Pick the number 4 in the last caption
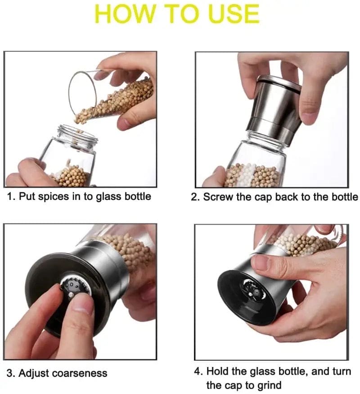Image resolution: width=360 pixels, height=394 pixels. tap(198, 372)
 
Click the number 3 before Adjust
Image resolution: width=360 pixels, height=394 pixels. tap(9, 373)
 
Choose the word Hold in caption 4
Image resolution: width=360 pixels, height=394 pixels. tap(216, 372)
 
